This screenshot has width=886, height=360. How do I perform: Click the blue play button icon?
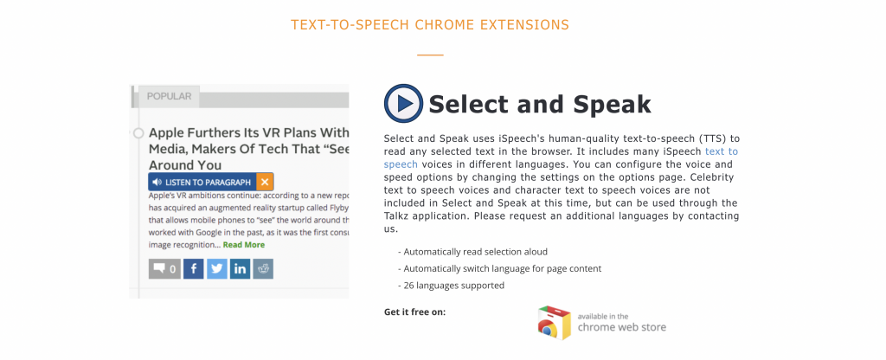[x=403, y=104]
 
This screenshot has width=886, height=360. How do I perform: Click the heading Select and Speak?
[x=540, y=105]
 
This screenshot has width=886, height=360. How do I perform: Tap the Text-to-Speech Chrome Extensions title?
[x=430, y=25]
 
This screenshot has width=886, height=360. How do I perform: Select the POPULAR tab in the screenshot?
[x=169, y=96]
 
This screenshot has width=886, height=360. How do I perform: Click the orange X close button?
[x=265, y=182]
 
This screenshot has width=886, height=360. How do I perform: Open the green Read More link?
[x=243, y=245]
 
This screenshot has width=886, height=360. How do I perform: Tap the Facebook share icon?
[x=193, y=269]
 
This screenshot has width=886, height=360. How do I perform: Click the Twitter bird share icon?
[x=217, y=269]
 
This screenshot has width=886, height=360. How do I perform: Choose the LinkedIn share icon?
[x=241, y=269]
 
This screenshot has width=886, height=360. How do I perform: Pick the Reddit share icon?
[x=263, y=269]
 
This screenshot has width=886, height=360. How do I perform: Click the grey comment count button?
[x=164, y=269]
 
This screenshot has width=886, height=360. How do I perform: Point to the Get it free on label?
[x=414, y=312]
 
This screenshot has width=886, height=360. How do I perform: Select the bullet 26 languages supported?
[x=451, y=286]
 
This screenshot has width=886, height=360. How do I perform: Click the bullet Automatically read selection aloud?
[x=472, y=252]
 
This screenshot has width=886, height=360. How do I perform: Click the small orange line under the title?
[x=431, y=55]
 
